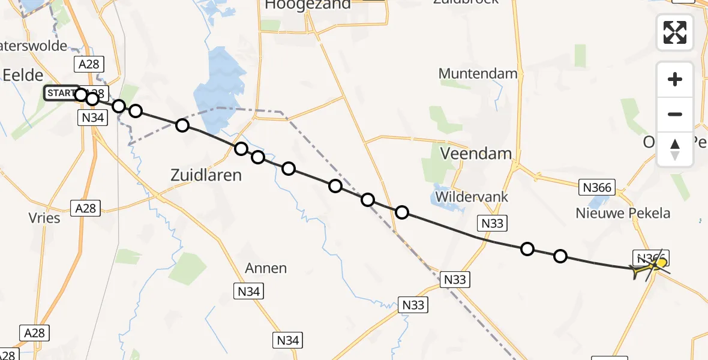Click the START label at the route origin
(x=60, y=94)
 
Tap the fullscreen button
(x=675, y=32)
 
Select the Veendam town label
(x=476, y=154)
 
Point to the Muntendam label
(x=478, y=74)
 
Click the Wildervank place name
(x=472, y=197)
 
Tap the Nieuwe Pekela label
(x=623, y=213)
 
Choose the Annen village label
(x=266, y=268)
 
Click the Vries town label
(x=44, y=217)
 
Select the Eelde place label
(x=23, y=75)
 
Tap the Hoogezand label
(x=308, y=5)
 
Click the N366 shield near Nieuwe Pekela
(x=597, y=188)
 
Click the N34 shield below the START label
(x=92, y=118)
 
